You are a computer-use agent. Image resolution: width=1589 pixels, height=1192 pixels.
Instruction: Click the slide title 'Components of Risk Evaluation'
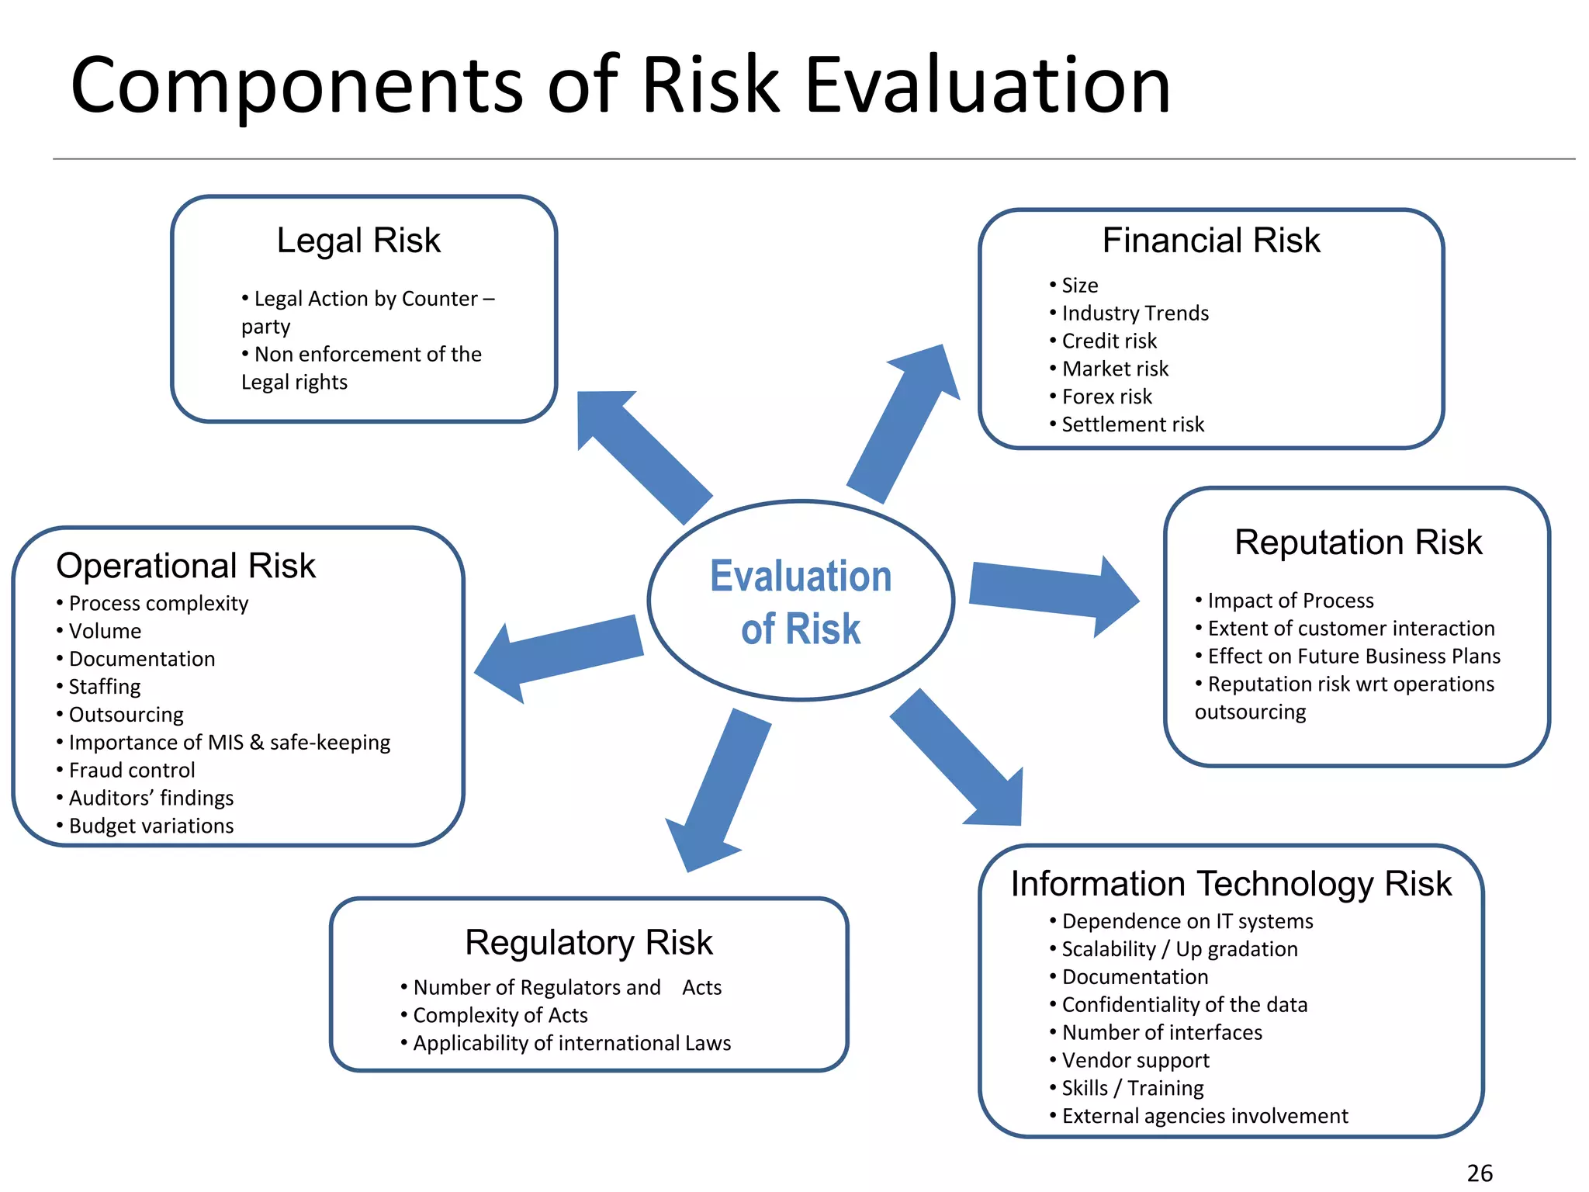click(620, 85)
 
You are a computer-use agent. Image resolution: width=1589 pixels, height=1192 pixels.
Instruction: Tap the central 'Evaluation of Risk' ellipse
click(801, 601)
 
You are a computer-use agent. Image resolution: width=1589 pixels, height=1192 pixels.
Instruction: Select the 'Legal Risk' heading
click(358, 241)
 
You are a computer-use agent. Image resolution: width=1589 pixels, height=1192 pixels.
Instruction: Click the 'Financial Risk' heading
click(1210, 241)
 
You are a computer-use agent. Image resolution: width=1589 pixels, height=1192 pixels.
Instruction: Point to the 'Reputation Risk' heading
click(1358, 542)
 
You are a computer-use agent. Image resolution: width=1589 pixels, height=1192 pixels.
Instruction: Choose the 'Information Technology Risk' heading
click(1231, 884)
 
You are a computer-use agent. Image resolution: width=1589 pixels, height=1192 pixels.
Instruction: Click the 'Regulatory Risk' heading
click(588, 943)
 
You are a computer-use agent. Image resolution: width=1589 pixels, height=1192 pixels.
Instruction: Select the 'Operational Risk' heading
click(186, 566)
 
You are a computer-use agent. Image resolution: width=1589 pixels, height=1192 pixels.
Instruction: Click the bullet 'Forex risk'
click(1106, 397)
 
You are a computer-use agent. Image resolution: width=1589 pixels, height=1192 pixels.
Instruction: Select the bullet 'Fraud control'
click(132, 770)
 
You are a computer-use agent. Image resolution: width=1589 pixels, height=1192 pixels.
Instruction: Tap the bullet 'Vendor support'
click(1135, 1060)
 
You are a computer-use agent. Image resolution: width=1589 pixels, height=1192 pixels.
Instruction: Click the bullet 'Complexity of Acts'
click(500, 1015)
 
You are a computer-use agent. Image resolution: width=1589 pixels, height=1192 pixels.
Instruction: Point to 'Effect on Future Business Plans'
click(1354, 657)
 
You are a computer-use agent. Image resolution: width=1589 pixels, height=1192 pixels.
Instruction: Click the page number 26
click(1480, 1173)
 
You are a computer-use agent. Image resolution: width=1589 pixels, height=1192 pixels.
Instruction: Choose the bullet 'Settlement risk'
click(1133, 424)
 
